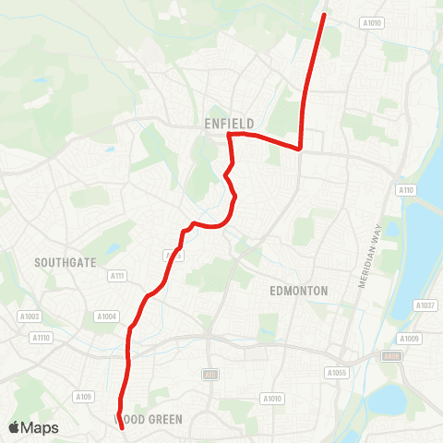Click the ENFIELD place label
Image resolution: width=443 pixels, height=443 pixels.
230,123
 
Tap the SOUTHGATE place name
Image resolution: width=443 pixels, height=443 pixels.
66,262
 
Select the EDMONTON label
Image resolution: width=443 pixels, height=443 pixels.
298,290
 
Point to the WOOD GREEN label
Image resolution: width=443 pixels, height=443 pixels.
149,419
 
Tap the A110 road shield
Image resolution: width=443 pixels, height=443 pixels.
406,190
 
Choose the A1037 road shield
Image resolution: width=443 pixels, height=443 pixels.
425,305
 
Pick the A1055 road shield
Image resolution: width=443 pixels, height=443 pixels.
337,373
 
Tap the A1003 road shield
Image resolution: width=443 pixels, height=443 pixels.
30,316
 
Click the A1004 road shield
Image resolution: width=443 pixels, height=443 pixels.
107,316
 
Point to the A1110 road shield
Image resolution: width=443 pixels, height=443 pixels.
40,338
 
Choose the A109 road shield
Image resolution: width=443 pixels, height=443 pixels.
84,397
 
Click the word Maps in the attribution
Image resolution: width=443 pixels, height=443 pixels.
42,427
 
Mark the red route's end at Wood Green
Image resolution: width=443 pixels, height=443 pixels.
122,427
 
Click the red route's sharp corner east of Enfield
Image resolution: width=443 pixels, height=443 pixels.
301,148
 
